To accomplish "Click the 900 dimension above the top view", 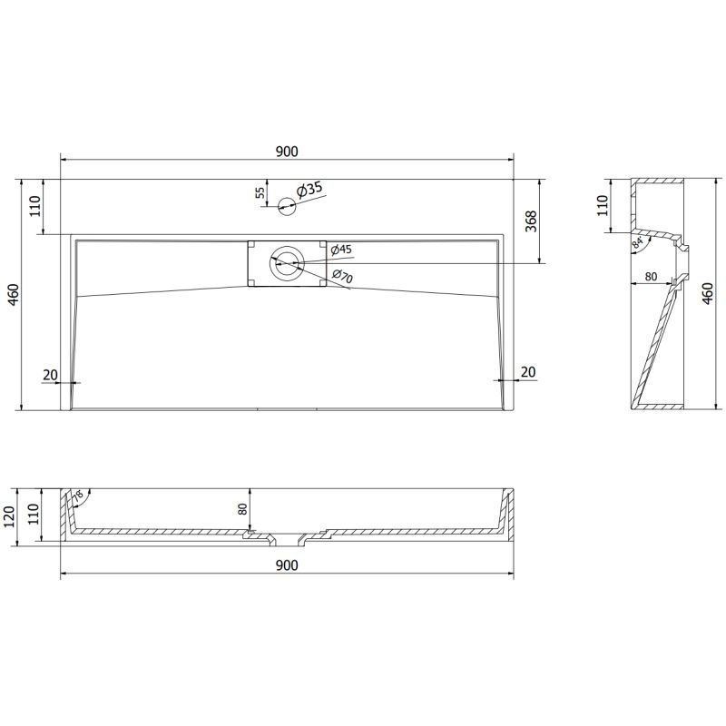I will tap(287, 152).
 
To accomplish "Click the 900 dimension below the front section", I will tap(287, 565).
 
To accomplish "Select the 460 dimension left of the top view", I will tap(12, 294).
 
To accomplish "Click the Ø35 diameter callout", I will tap(310, 190).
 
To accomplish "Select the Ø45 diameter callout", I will tap(340, 249).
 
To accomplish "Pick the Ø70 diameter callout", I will tap(341, 275).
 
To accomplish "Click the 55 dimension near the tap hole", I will tap(260, 192).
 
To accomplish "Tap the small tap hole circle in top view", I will tap(287, 206).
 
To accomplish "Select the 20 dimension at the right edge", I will tap(528, 372).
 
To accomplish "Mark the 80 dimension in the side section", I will tap(651, 277).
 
